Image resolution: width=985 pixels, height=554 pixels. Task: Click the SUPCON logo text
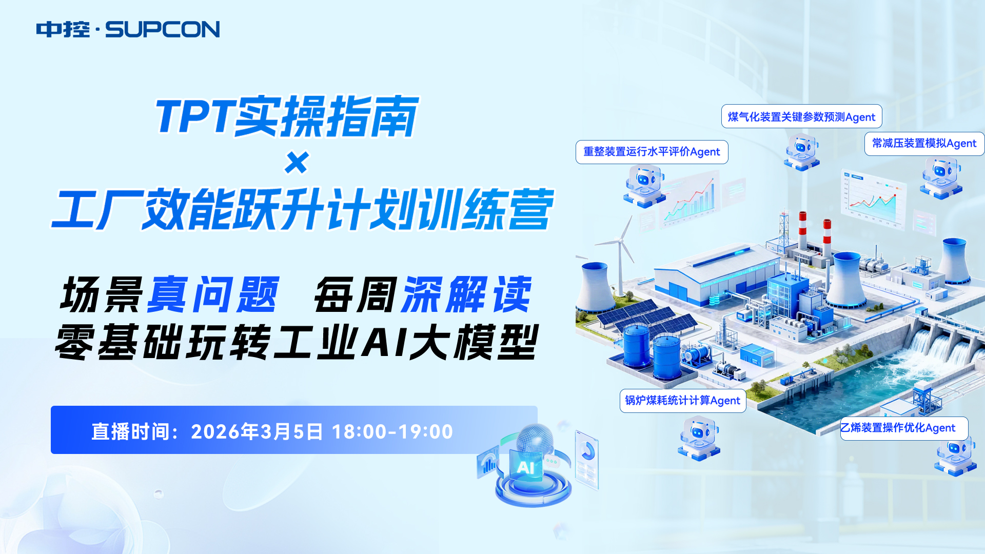pos(163,29)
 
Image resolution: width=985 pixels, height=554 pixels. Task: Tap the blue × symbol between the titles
pos(297,163)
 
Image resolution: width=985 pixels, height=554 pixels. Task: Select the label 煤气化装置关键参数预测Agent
pos(801,117)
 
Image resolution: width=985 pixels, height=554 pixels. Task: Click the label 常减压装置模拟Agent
pos(924,143)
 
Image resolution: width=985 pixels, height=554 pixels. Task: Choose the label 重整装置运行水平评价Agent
pos(652,152)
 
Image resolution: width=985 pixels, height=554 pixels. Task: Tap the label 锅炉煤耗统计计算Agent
pos(683,400)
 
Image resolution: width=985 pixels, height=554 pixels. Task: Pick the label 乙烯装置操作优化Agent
pos(904,428)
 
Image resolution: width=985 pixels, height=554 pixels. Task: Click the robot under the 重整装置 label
pos(644,186)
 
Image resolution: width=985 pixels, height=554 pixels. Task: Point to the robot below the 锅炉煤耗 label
pos(699,438)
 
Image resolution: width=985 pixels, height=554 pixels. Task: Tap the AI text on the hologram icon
pos(525,467)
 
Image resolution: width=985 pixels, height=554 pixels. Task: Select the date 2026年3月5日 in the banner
pos(257,431)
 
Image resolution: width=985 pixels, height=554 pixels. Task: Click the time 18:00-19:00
pos(392,431)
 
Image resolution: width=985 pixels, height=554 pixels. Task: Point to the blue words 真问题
pos(213,294)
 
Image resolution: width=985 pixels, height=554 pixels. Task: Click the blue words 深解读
pos(467,294)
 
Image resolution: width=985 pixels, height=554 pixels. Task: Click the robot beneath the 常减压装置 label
pos(941,177)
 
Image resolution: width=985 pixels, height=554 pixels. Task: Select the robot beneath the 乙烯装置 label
pos(955,456)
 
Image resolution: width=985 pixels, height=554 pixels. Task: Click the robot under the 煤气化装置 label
pos(802,152)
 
